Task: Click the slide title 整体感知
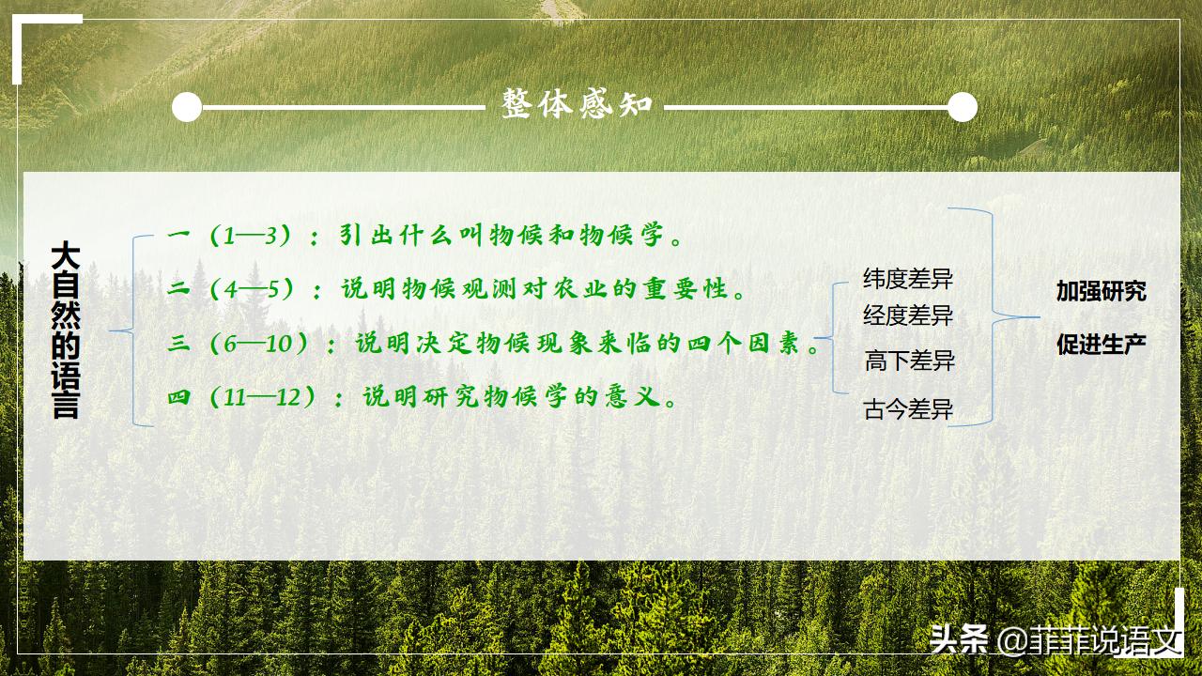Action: [577, 105]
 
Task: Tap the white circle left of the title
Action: [187, 107]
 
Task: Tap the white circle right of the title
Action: [962, 107]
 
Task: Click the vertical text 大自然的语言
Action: [65, 330]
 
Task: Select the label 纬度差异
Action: [908, 279]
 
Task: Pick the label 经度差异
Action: [908, 315]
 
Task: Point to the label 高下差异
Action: [909, 361]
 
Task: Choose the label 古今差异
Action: [908, 409]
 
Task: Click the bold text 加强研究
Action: [1101, 291]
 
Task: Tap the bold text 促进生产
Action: [1101, 345]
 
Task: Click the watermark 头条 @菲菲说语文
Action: [1054, 640]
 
